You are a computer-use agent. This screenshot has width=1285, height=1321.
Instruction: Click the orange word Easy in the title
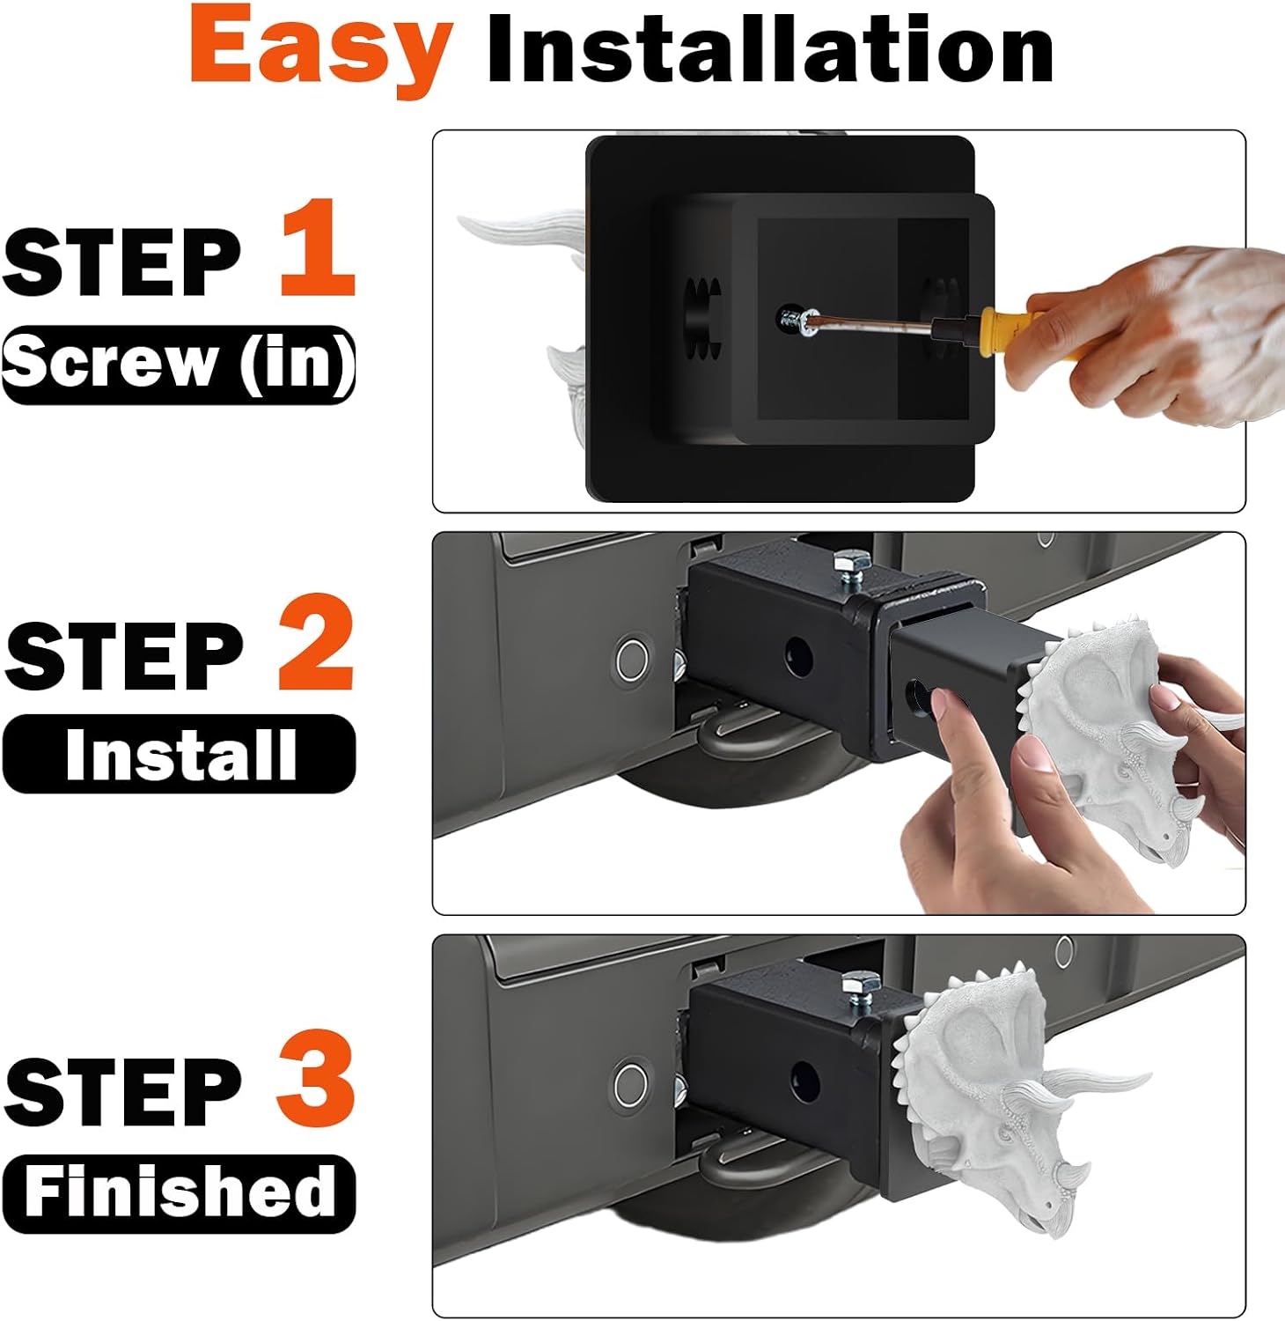pyautogui.click(x=321, y=50)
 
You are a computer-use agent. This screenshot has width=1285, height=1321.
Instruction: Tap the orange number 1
pyautogui.click(x=318, y=248)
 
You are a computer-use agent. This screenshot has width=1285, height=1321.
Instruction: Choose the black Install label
pyautogui.click(x=180, y=754)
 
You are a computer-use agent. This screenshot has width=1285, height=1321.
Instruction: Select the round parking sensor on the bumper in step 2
pyautogui.click(x=632, y=658)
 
